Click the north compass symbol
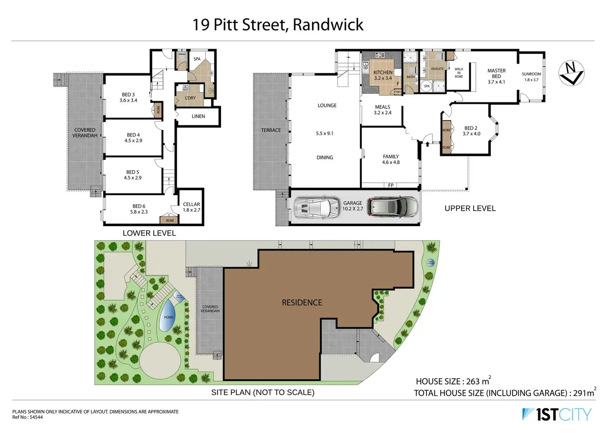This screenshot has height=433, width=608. [571, 73]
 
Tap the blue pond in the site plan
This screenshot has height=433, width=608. [168, 315]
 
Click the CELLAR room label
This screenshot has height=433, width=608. [191, 204]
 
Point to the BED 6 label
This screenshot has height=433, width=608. [139, 206]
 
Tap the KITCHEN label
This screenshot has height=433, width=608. [383, 72]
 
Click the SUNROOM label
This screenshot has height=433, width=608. [531, 74]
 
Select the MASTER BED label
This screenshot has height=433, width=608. [496, 73]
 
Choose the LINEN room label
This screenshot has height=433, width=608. [198, 116]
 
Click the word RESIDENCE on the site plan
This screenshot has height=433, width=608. [302, 303]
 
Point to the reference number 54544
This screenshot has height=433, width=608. [36, 417]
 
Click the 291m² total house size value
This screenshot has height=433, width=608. [584, 393]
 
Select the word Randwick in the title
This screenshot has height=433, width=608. [328, 25]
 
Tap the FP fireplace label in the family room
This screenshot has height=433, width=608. [391, 185]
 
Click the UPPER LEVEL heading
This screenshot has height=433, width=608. [470, 208]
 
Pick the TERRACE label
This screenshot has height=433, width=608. [271, 130]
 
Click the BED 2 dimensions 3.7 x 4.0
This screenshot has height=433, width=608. [471, 134]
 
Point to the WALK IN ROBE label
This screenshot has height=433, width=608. [459, 73]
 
